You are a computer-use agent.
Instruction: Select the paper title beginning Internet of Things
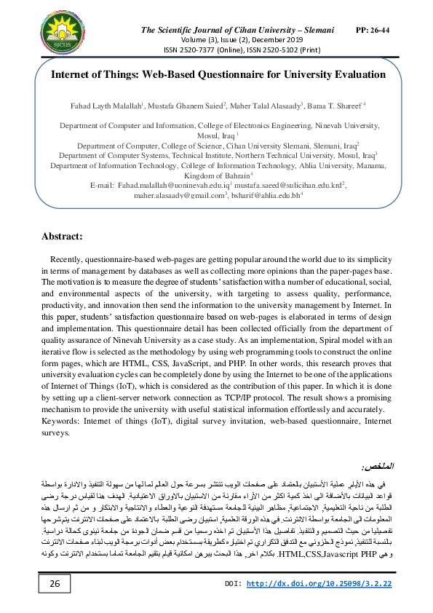[x=218, y=74]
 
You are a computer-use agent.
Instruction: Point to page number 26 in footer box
[x=55, y=584]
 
